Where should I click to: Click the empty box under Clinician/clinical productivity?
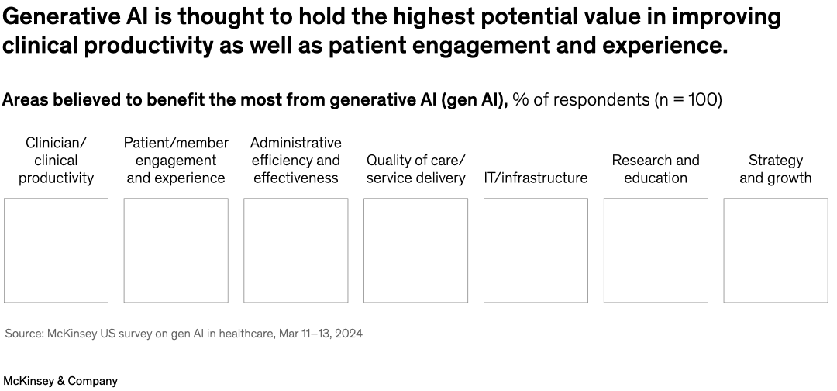pos(56,250)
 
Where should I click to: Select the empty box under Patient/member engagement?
pos(176,250)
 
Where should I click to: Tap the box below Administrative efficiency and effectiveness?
pos(295,250)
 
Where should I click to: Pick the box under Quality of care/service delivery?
pos(415,250)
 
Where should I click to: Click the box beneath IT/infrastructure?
pos(536,250)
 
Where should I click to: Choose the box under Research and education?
pos(656,250)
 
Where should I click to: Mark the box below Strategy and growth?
pos(775,250)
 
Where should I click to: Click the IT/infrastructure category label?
pos(536,178)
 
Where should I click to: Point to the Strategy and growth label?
pos(775,169)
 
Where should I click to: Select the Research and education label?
pos(656,169)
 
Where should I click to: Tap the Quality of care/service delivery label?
pos(415,169)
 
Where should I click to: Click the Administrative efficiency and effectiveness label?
pos(295,161)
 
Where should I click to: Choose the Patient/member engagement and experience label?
pos(176,161)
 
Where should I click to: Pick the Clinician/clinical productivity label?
pos(56,161)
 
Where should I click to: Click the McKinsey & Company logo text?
pos(60,381)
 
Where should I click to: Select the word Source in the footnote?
pos(23,334)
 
